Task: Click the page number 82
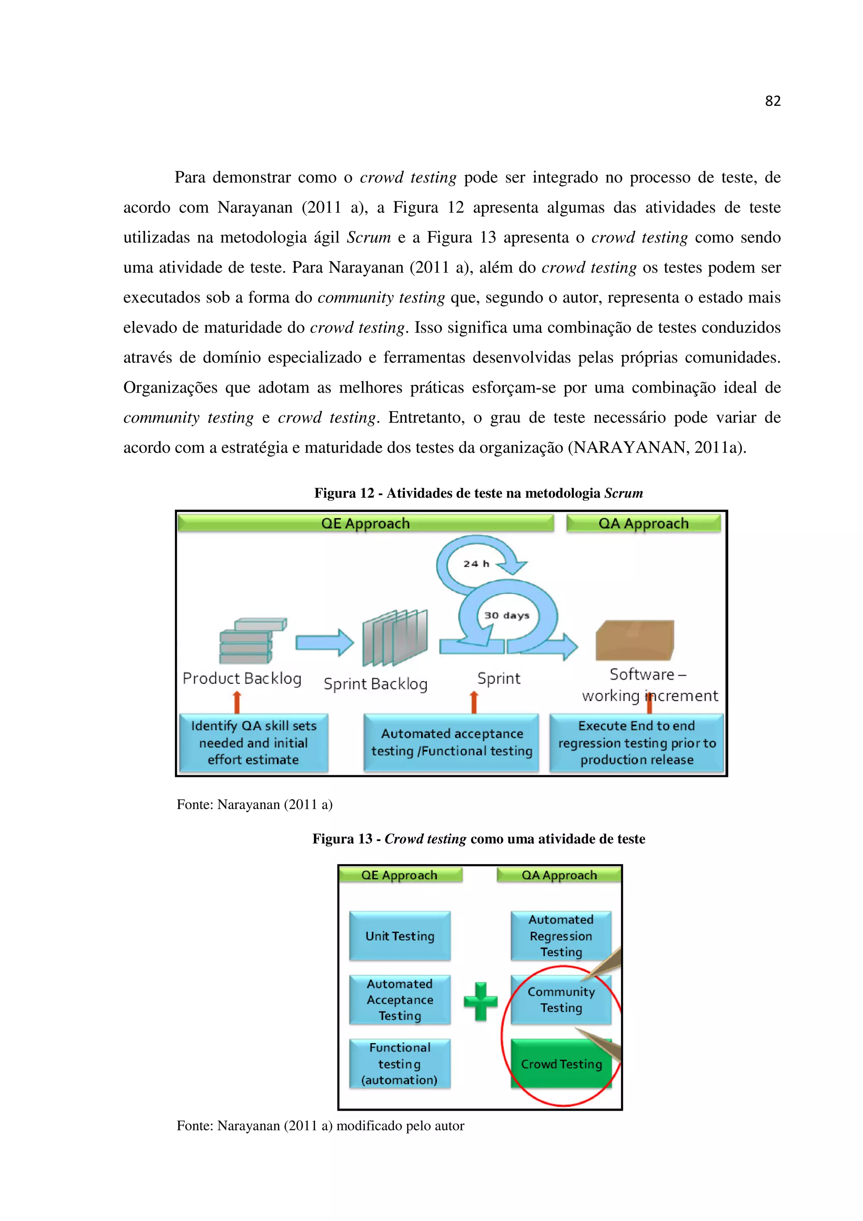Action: pyautogui.click(x=772, y=101)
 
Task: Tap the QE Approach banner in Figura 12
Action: pyautogui.click(x=365, y=523)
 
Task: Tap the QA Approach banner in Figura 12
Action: pyautogui.click(x=643, y=523)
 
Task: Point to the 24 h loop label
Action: pyautogui.click(x=475, y=564)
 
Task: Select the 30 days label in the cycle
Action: pyautogui.click(x=506, y=615)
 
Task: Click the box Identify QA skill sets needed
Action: pyautogui.click(x=254, y=742)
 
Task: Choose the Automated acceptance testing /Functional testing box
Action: pyautogui.click(x=451, y=742)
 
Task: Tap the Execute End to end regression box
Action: pyautogui.click(x=636, y=742)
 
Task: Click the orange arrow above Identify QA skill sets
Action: pyautogui.click(x=237, y=702)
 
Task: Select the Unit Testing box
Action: pyautogui.click(x=400, y=936)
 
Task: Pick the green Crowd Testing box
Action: pyautogui.click(x=561, y=1063)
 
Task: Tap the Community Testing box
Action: pyautogui.click(x=561, y=1000)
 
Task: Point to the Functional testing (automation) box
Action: pyautogui.click(x=400, y=1063)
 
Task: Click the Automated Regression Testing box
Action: pyautogui.click(x=561, y=936)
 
